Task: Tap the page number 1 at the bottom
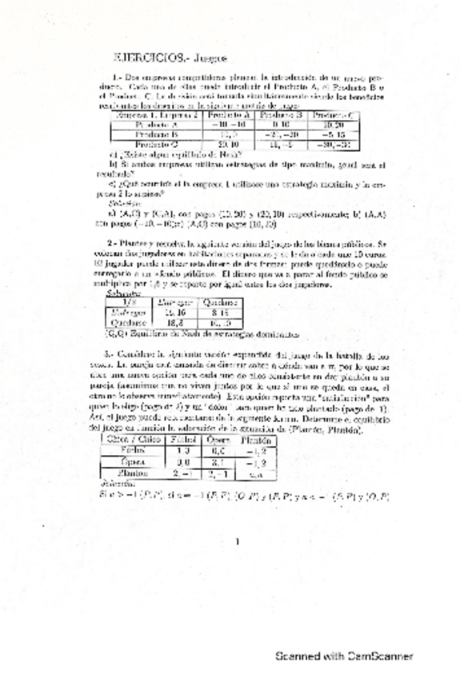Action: (x=238, y=542)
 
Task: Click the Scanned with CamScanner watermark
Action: (x=344, y=656)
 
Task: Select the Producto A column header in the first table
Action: (x=226, y=115)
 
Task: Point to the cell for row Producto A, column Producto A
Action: (x=226, y=126)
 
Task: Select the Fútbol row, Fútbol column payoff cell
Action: (x=182, y=450)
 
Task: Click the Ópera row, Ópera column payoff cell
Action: (x=217, y=461)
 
